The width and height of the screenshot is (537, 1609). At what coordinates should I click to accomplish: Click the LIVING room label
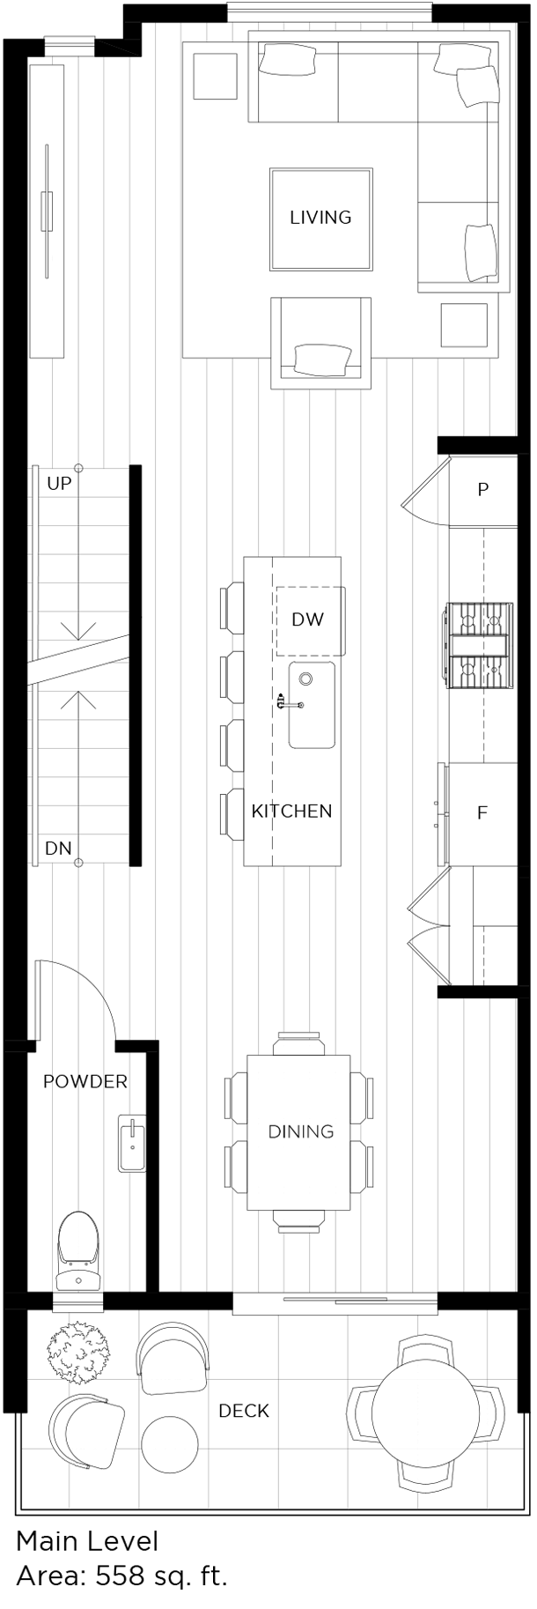(320, 217)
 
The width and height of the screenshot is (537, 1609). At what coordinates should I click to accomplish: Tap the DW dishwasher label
(307, 619)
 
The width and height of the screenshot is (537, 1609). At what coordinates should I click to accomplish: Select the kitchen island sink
(312, 705)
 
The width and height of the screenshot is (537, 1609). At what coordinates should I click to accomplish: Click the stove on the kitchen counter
(478, 644)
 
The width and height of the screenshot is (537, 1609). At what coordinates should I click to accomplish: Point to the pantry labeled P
(482, 490)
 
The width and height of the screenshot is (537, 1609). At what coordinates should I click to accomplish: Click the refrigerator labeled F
(482, 812)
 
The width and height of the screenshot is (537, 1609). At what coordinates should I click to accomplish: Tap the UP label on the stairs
(59, 484)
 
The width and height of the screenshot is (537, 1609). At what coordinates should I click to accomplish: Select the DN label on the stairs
(58, 849)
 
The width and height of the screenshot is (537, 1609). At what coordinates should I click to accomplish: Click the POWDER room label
(85, 1081)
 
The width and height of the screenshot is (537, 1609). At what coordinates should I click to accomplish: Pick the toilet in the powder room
(78, 1250)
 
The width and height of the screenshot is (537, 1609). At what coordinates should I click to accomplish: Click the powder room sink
(132, 1143)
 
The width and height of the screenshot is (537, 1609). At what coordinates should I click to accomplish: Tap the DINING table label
(301, 1131)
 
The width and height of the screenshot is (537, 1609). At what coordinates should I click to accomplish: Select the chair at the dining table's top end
(300, 1042)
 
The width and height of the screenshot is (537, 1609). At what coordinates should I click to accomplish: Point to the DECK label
(244, 1411)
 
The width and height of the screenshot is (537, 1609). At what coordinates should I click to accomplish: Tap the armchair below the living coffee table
(320, 344)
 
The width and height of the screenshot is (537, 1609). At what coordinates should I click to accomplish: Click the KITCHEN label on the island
(291, 811)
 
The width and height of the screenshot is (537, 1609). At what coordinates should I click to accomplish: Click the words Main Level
(87, 1541)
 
